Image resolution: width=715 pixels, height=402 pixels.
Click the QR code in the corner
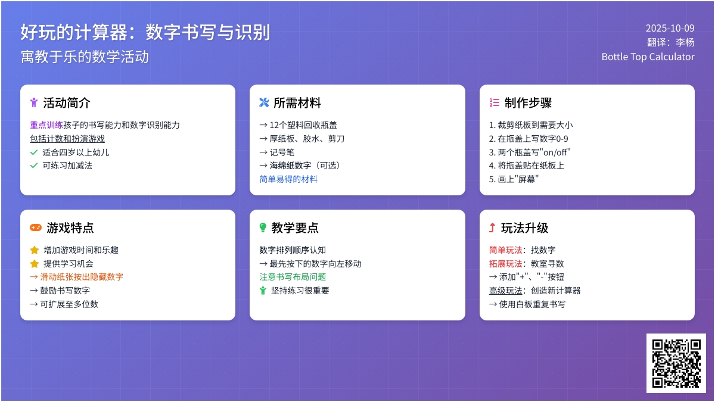click(x=676, y=363)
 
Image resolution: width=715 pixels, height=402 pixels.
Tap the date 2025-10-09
click(x=670, y=28)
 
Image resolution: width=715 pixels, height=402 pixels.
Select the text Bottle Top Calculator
click(x=648, y=57)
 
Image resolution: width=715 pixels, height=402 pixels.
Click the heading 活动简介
click(x=67, y=102)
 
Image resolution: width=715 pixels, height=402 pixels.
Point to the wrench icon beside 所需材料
click(x=264, y=102)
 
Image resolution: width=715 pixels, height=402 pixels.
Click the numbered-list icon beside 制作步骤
click(x=494, y=102)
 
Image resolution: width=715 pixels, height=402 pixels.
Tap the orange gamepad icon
click(x=36, y=228)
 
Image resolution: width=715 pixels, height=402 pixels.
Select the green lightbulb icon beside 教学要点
click(x=263, y=228)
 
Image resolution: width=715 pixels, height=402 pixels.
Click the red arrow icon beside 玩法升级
click(x=492, y=228)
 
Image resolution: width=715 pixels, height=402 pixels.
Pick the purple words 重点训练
click(x=46, y=124)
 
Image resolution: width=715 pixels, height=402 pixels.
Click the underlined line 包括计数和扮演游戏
click(x=67, y=139)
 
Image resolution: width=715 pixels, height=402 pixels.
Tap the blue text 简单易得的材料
click(x=288, y=179)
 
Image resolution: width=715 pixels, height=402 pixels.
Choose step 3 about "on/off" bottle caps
click(x=530, y=152)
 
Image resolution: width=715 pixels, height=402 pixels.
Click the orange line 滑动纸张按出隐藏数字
click(x=77, y=276)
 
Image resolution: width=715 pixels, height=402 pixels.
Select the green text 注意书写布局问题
click(x=293, y=276)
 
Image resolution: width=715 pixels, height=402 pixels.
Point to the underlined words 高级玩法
click(x=506, y=291)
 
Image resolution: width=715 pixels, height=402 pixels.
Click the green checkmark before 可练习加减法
click(x=34, y=166)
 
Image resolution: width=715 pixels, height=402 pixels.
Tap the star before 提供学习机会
click(x=35, y=263)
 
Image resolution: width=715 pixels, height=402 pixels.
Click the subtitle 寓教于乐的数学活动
click(x=85, y=57)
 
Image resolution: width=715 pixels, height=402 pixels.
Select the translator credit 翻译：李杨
click(x=671, y=42)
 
